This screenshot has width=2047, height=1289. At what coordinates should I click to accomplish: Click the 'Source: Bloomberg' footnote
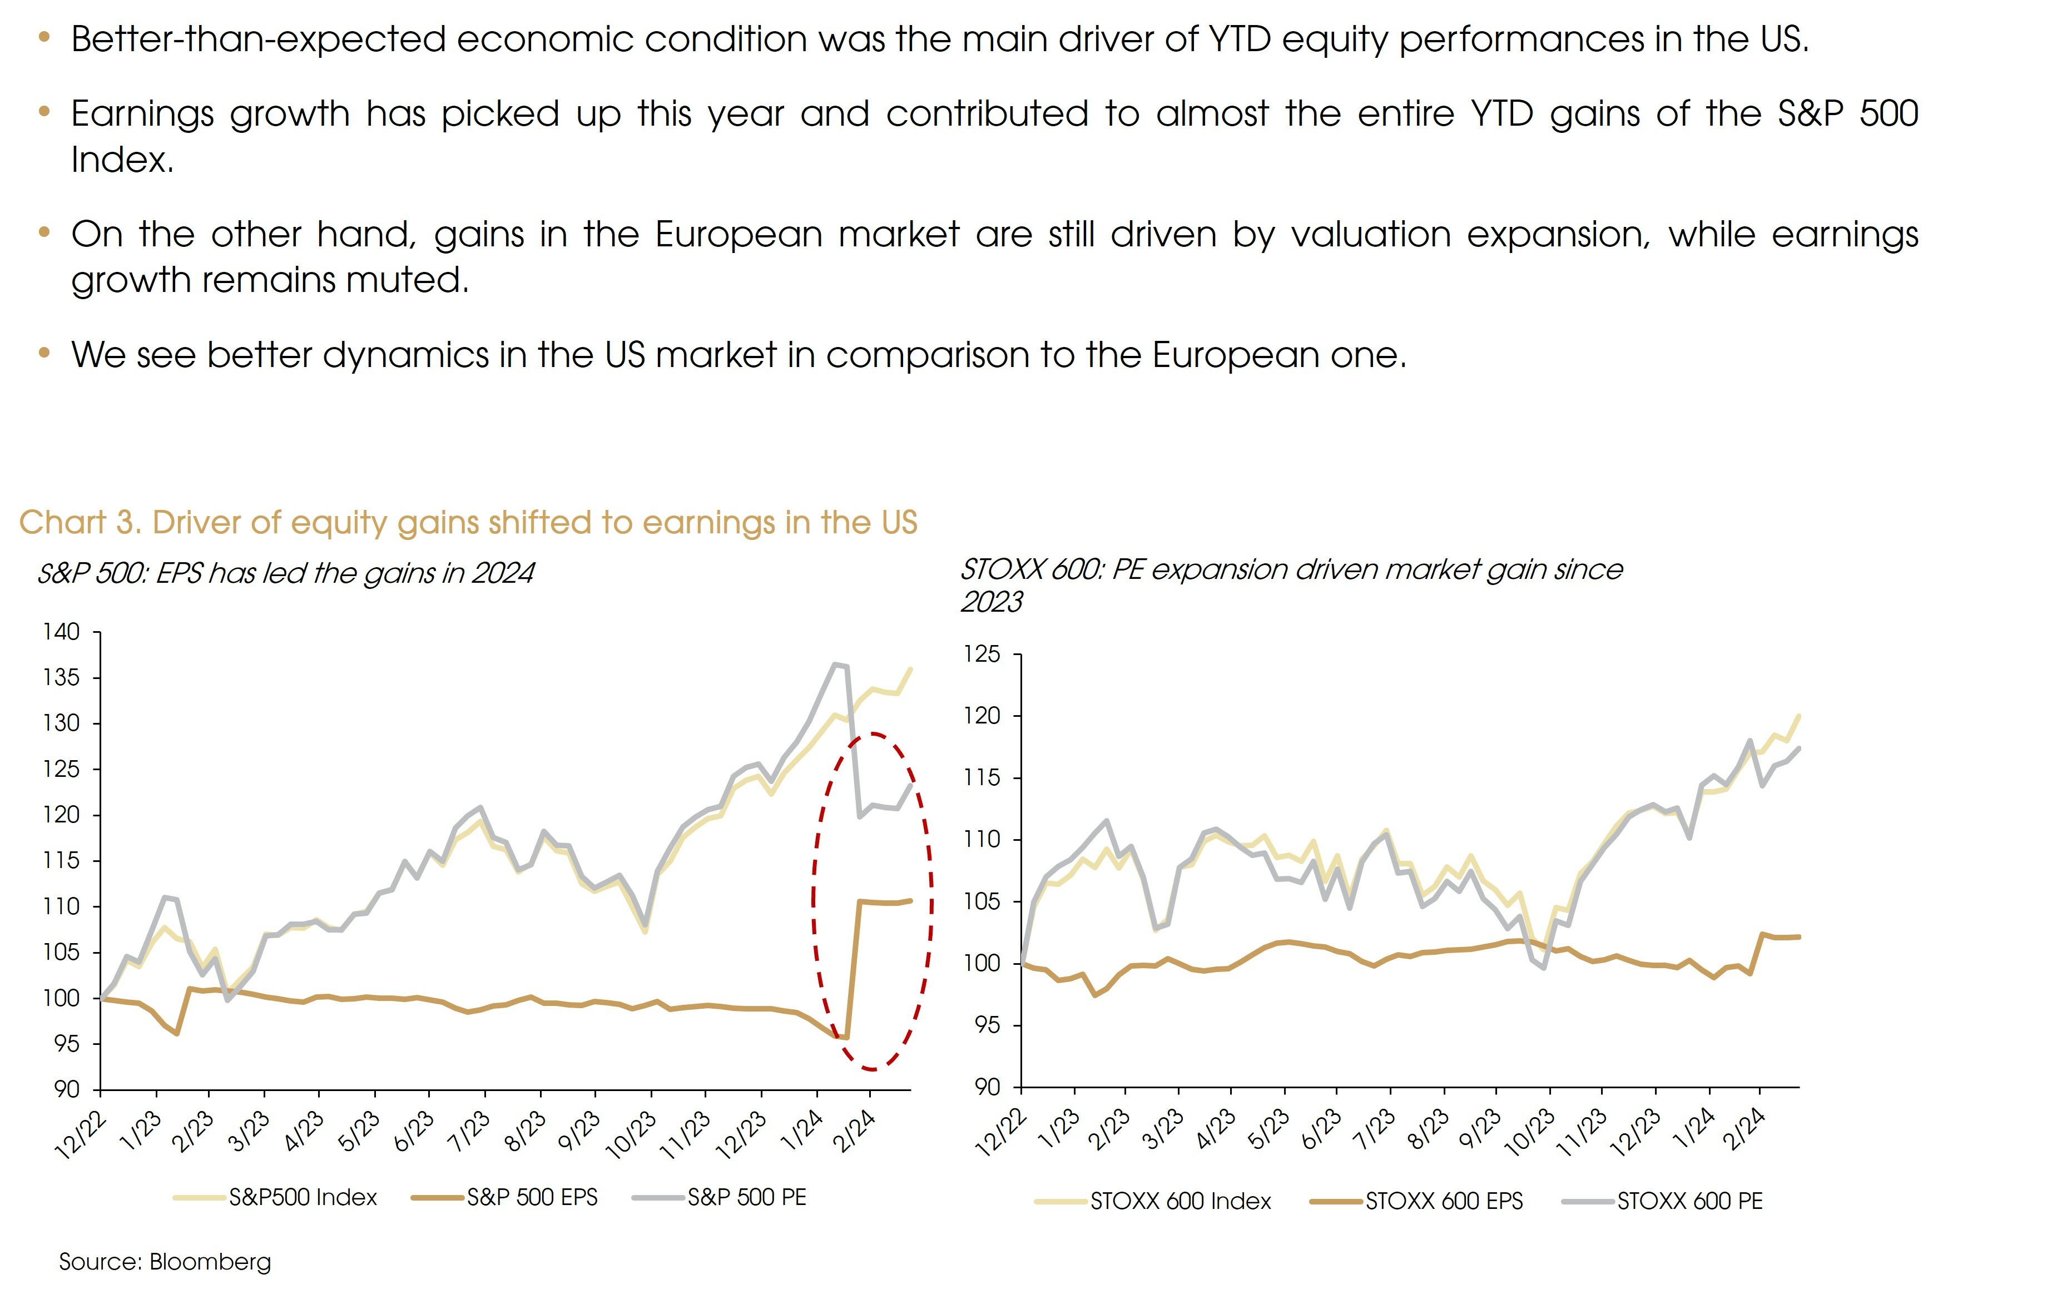tap(165, 1262)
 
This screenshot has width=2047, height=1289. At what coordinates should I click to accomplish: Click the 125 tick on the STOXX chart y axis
tap(982, 654)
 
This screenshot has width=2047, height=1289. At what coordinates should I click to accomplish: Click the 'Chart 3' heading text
tap(468, 522)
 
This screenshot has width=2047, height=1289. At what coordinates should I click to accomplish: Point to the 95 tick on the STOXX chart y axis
tap(987, 1024)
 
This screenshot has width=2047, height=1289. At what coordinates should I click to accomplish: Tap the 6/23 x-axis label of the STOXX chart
tap(1321, 1131)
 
